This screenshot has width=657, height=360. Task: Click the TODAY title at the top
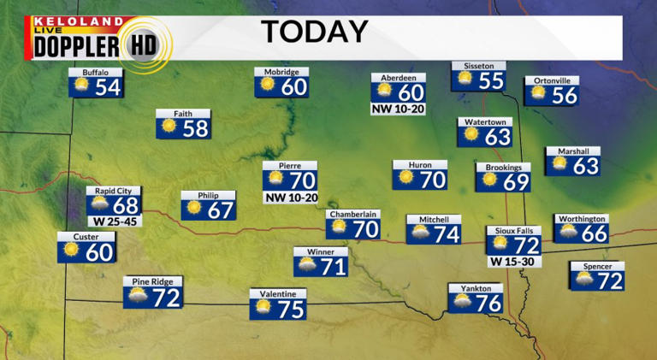coord(314,32)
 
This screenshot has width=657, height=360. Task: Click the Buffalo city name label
coord(96,73)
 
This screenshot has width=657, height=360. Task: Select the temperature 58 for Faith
coord(195,129)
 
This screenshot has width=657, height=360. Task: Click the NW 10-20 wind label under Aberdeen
coord(398,109)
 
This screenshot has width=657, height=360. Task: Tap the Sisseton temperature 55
coord(491,81)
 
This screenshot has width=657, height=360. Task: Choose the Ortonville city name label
coord(552,80)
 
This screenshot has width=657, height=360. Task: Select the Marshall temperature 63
coord(585,164)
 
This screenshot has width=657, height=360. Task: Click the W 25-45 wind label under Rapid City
coord(114,221)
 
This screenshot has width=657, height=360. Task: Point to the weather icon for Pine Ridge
coord(135,298)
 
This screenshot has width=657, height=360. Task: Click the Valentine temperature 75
coord(291,310)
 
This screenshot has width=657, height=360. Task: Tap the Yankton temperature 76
coord(488,303)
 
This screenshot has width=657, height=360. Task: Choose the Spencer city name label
coord(597,267)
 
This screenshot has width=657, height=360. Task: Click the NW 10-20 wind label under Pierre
coord(290,198)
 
